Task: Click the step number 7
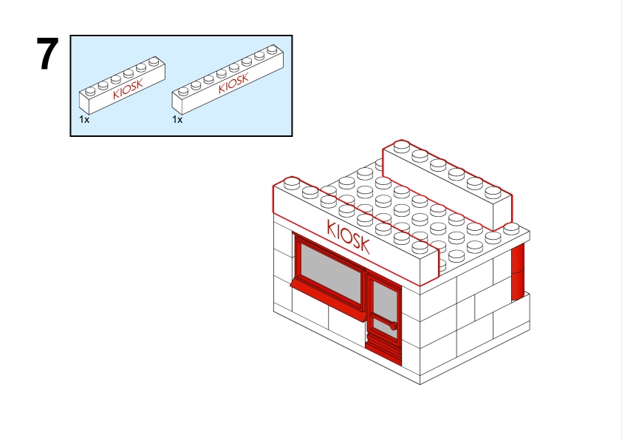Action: click(47, 53)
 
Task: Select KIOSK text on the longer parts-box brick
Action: click(233, 83)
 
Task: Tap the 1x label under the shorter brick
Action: click(84, 119)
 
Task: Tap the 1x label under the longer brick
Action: click(177, 119)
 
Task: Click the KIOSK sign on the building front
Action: click(348, 237)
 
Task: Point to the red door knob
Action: click(393, 326)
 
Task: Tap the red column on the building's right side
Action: click(518, 272)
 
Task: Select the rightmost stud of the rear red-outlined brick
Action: click(493, 192)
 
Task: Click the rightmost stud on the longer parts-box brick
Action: click(272, 50)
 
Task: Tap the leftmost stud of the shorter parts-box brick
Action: click(90, 91)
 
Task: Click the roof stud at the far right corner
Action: click(511, 229)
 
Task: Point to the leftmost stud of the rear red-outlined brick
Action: click(401, 146)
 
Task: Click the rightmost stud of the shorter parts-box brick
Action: click(154, 61)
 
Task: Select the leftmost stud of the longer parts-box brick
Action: click(183, 91)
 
